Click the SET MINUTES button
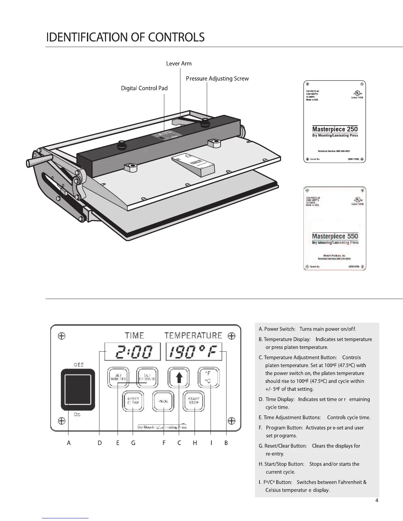[118, 377]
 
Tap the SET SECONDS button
[147, 377]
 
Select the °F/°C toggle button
[208, 377]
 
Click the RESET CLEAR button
[133, 401]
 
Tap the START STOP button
[194, 401]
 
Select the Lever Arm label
[179, 63]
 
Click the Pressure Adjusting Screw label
[217, 79]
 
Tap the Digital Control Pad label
[144, 88]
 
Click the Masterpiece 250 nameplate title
[335, 129]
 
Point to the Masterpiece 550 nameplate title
[335, 236]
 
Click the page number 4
[377, 501]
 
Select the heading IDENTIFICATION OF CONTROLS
[125, 37]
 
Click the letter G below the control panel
[133, 443]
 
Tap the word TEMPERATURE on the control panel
[193, 335]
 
